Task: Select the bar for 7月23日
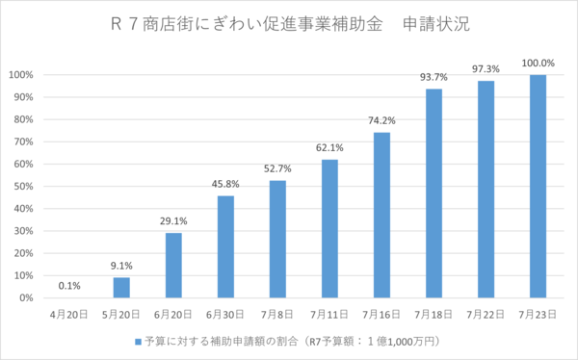point(538,187)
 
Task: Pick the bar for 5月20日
point(121,288)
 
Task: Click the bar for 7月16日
point(381,216)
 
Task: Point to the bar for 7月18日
point(433,193)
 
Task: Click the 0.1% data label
point(69,286)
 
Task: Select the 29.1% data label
point(173,221)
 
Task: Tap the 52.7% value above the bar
point(277,168)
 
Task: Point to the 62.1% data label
point(329,147)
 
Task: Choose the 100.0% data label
point(538,63)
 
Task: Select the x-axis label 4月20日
point(69,314)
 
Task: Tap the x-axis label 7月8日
point(277,314)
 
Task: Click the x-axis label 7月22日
point(486,314)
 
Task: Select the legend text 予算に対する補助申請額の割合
point(222,342)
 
